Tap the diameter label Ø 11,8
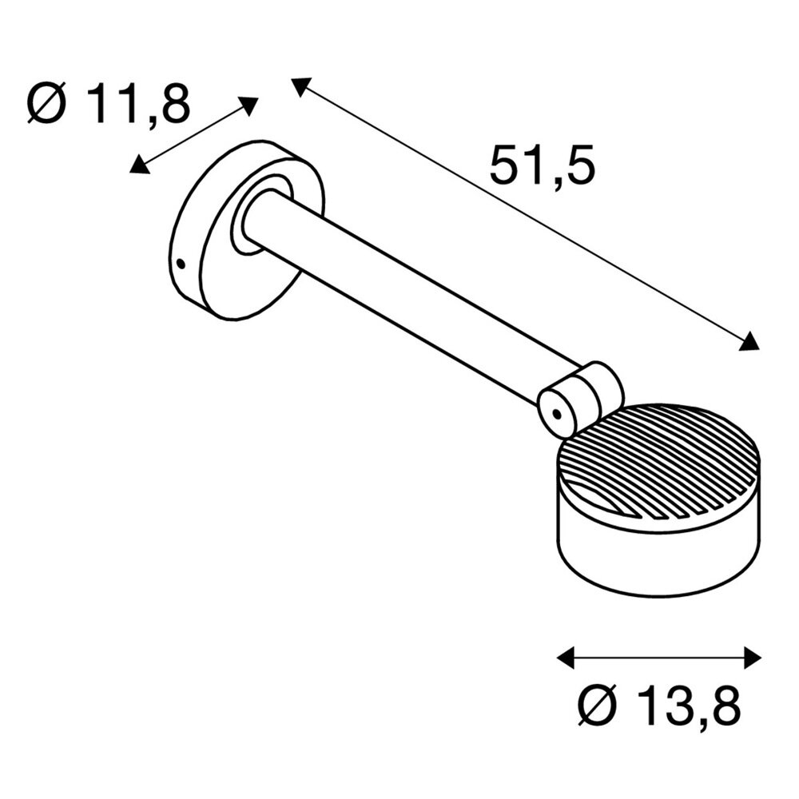[109, 105]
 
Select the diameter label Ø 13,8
[658, 706]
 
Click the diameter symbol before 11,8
[46, 105]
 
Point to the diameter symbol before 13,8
[595, 706]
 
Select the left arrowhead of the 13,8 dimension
[566, 658]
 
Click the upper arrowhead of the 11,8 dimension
[250, 105]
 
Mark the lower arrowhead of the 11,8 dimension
[139, 165]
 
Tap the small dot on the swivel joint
[555, 413]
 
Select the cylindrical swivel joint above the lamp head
[579, 397]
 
